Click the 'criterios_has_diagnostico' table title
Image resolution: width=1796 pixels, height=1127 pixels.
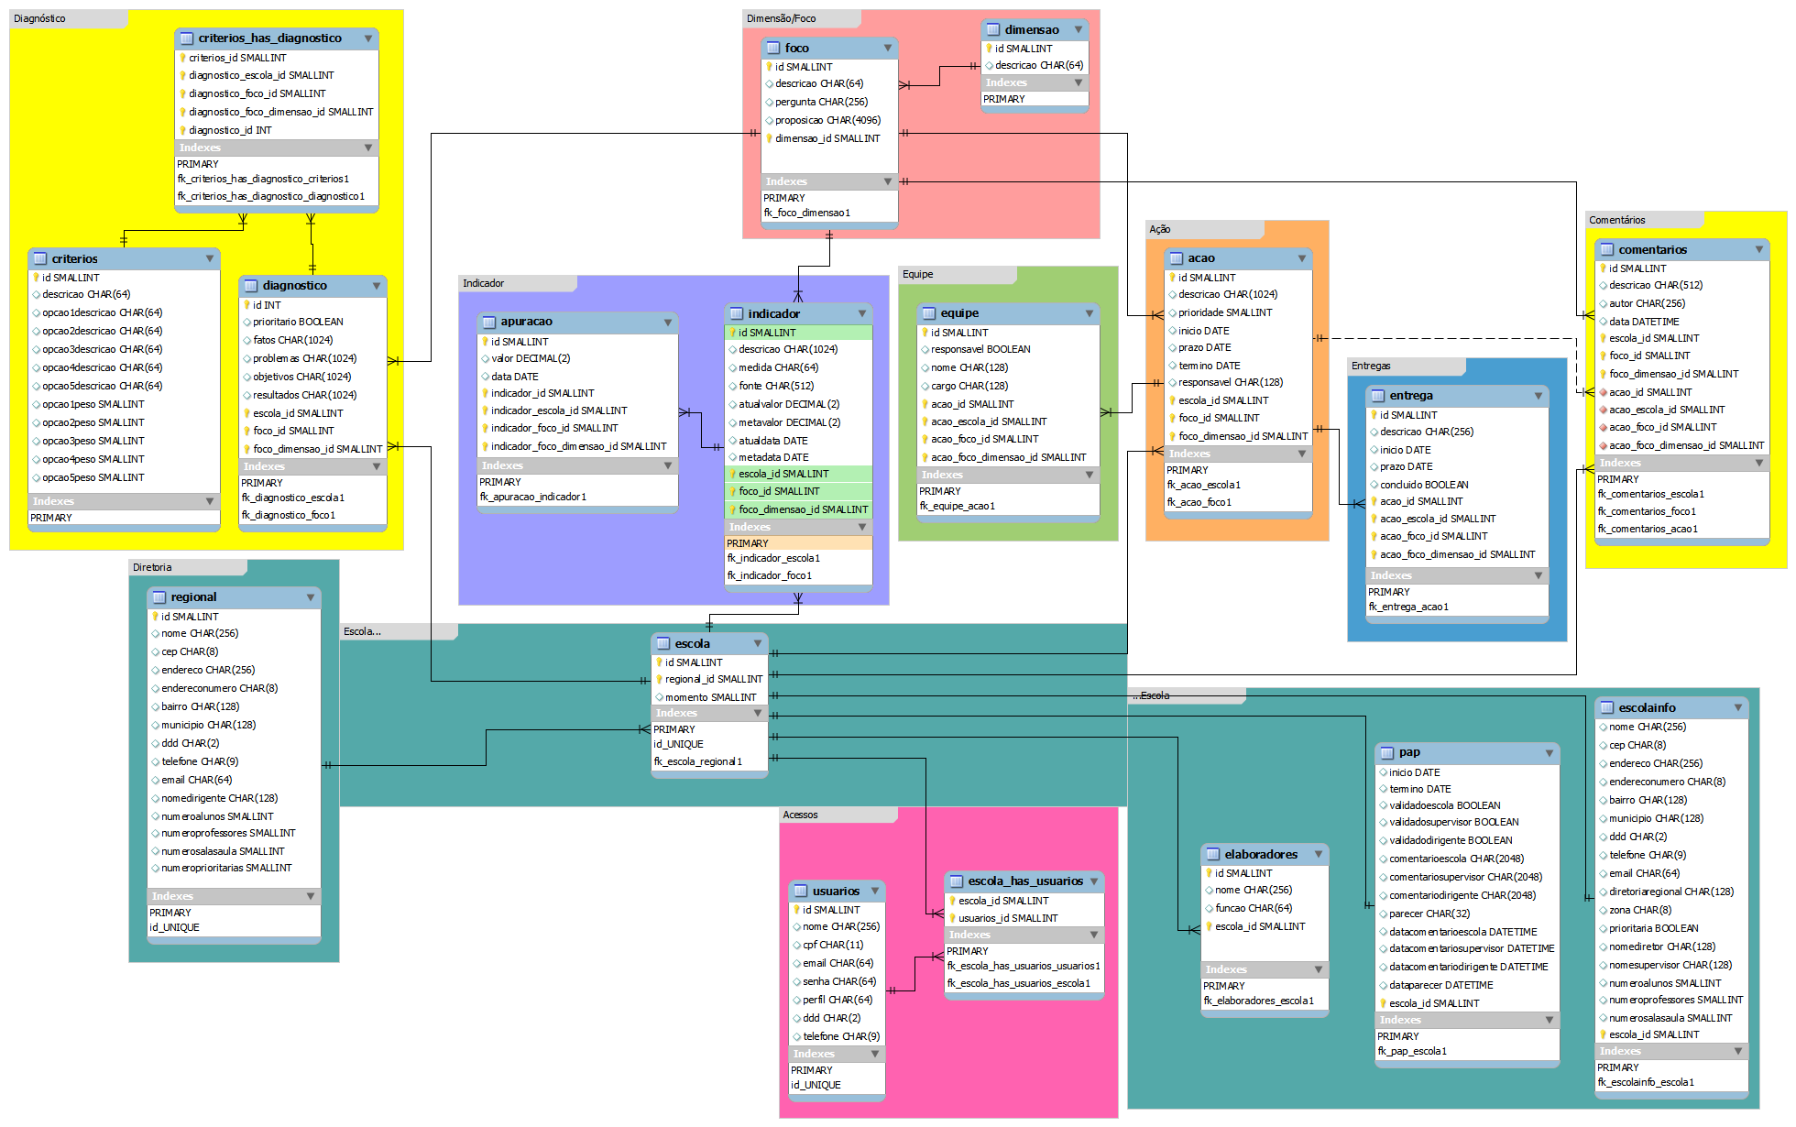click(x=269, y=38)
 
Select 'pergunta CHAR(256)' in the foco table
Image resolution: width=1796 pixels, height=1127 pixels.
click(x=821, y=102)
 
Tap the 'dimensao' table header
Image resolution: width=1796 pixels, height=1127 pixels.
click(x=1031, y=29)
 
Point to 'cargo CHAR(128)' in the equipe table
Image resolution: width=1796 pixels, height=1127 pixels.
click(x=969, y=386)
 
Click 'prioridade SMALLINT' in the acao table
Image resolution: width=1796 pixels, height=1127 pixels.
click(x=1224, y=312)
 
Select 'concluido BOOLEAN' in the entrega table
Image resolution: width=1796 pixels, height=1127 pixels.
click(x=1424, y=485)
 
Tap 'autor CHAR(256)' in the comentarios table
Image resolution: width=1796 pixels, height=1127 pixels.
click(x=1647, y=303)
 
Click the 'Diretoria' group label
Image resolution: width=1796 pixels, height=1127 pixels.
click(x=152, y=567)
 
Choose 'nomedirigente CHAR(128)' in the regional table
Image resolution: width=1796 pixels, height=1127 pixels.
click(x=219, y=798)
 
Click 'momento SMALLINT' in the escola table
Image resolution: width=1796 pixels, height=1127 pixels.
click(x=710, y=697)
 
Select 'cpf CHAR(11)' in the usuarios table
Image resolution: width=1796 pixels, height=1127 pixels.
click(x=832, y=945)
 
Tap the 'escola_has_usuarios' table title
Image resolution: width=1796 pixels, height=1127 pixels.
click(x=1024, y=881)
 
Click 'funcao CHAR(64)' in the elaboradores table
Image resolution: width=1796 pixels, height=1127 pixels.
click(x=1253, y=908)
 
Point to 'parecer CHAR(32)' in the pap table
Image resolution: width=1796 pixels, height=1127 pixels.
click(x=1429, y=914)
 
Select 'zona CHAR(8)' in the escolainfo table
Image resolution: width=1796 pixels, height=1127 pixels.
click(x=1639, y=910)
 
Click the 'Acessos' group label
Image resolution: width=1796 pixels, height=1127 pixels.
click(x=800, y=815)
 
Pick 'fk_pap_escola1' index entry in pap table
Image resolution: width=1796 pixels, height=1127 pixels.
click(x=1411, y=1051)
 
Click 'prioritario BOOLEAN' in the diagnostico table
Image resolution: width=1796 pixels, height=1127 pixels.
click(x=298, y=322)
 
